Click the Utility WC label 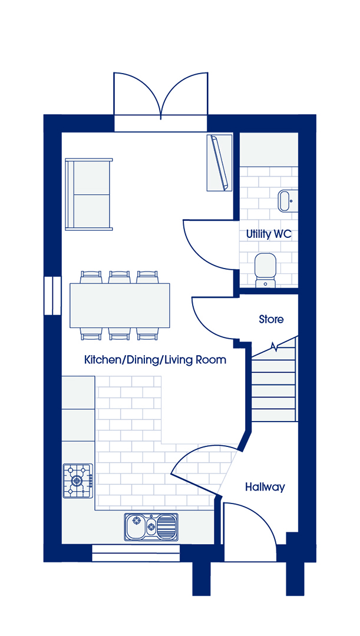click(x=269, y=234)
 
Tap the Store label click(x=271, y=319)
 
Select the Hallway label click(x=265, y=487)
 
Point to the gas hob click(x=78, y=481)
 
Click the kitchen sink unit click(x=151, y=526)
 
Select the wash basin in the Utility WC click(x=285, y=200)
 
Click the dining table click(x=120, y=306)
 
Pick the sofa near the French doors click(x=89, y=194)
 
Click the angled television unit click(x=219, y=163)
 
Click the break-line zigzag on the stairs click(x=275, y=346)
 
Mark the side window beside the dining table click(x=53, y=296)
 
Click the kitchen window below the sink click(x=136, y=553)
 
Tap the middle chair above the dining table click(x=120, y=277)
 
